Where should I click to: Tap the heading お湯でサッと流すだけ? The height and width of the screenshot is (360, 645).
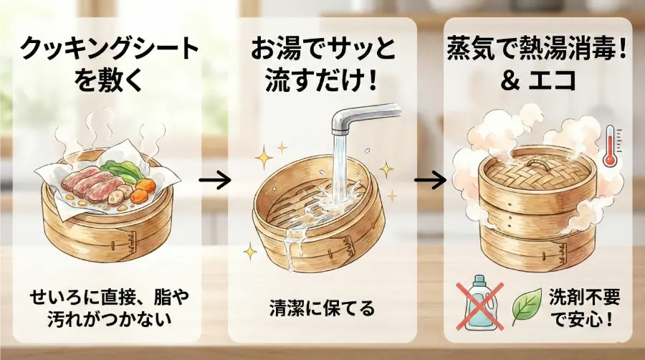point(322,63)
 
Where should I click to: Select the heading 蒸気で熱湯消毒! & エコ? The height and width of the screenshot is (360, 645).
point(538,63)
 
